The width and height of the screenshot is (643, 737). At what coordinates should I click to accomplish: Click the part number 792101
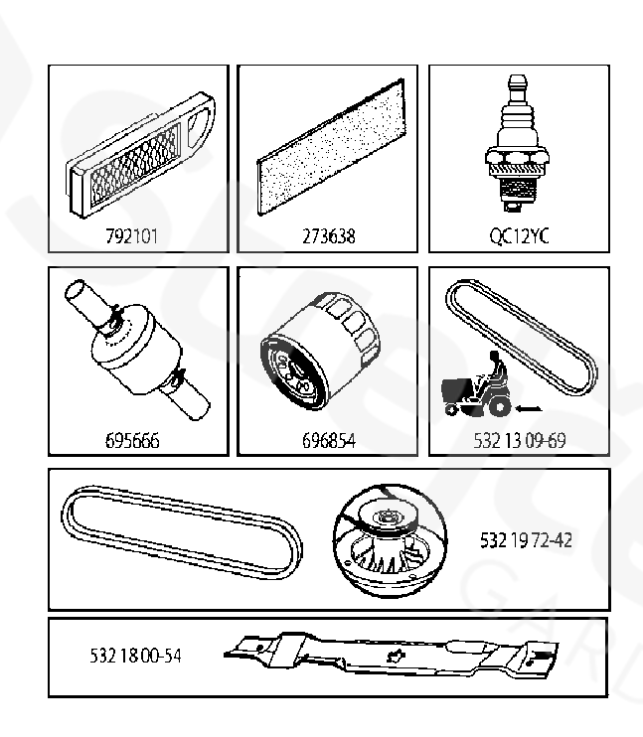click(x=132, y=236)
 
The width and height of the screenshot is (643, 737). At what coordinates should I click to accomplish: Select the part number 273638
click(x=328, y=236)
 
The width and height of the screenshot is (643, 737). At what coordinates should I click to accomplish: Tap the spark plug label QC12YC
click(x=520, y=236)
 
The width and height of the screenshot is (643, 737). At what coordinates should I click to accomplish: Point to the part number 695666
click(x=132, y=441)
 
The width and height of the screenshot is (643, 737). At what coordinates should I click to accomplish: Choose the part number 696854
click(x=329, y=441)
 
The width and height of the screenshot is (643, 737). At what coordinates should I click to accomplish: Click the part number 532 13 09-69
click(x=520, y=441)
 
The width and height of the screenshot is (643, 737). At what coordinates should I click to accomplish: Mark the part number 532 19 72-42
click(x=526, y=540)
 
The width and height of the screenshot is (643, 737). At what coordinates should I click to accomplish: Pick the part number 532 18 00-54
click(x=135, y=656)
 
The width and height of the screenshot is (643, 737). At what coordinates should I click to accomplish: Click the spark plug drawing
click(x=517, y=143)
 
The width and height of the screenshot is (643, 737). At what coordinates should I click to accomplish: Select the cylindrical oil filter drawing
click(x=320, y=351)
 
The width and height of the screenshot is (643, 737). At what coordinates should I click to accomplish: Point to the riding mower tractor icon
click(x=477, y=385)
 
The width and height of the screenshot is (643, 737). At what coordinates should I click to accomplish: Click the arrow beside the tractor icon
click(x=529, y=409)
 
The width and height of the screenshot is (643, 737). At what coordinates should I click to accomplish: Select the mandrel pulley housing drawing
click(x=390, y=540)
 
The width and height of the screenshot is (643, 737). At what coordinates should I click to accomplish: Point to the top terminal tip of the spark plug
click(x=517, y=76)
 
